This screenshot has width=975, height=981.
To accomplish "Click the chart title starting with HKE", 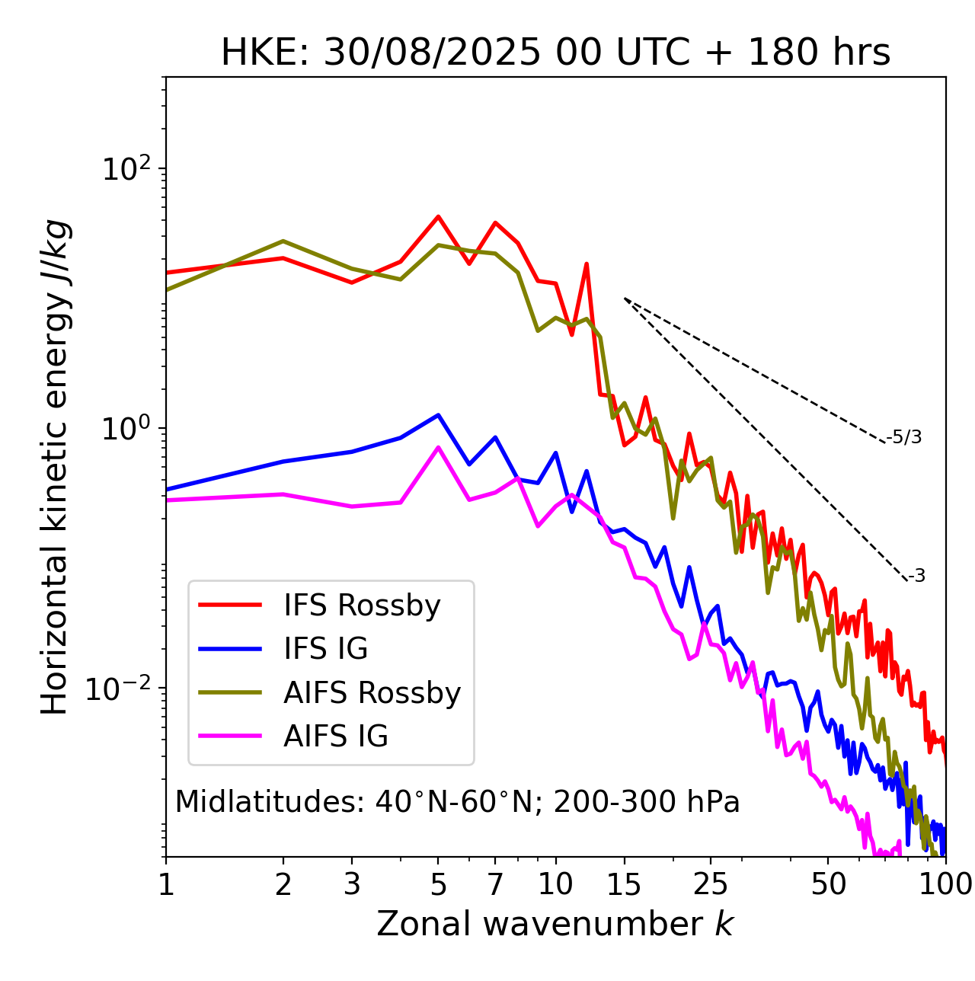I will [555, 53].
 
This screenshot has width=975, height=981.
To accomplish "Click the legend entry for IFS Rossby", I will [362, 606].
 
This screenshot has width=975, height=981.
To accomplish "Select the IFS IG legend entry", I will [325, 649].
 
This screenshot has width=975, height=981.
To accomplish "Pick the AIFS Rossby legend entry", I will [372, 693].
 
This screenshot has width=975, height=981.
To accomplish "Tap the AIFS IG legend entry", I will [336, 737].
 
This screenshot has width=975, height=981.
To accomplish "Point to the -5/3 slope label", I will [904, 437].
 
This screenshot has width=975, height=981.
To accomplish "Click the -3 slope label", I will [916, 577].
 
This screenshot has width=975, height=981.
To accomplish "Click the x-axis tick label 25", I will [711, 884].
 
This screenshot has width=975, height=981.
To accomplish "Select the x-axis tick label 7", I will [495, 884].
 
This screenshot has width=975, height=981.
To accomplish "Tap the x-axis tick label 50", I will [828, 884].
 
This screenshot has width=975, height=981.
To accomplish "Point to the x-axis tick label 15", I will [624, 884].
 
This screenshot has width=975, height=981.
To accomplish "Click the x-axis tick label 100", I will [945, 884].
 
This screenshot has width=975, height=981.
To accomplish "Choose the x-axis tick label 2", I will [283, 884].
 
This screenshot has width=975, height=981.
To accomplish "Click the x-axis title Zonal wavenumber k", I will [555, 924].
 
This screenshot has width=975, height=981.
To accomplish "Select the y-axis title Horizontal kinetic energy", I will [55, 467].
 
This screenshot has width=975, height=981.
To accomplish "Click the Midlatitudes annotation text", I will [457, 802].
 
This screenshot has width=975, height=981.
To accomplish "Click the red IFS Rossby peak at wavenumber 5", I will [438, 216].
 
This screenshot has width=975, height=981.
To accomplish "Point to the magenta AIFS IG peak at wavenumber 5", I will [438, 447].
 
